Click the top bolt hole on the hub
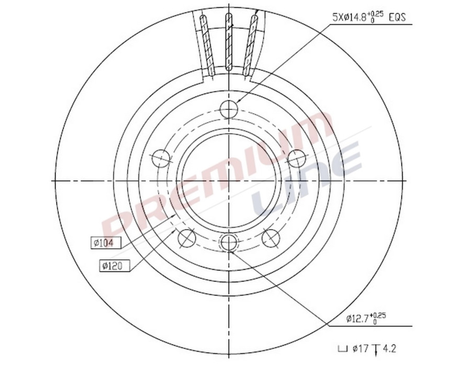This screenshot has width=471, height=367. [x=229, y=109]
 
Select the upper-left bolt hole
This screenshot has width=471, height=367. [x=160, y=157]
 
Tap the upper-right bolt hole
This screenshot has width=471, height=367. [x=297, y=157]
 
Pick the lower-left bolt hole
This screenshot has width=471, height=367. [x=186, y=238]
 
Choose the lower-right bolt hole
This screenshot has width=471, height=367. [x=271, y=238]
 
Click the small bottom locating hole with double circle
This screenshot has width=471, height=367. [x=229, y=242]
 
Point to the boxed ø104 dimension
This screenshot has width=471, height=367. [x=106, y=243]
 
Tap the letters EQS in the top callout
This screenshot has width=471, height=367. [x=399, y=17]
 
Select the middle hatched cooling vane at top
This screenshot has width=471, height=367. [x=229, y=42]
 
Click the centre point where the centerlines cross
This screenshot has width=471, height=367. [x=229, y=180]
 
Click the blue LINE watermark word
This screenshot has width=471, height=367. [x=309, y=178]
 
